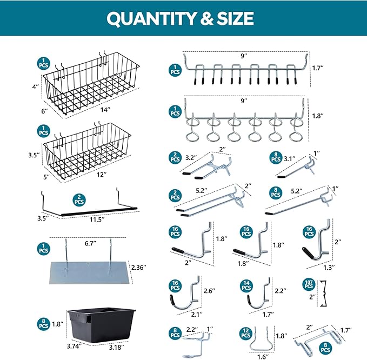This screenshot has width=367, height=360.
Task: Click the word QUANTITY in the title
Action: (145, 19)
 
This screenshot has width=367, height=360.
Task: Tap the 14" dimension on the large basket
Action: (105, 110)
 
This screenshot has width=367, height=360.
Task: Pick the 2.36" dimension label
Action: (142, 266)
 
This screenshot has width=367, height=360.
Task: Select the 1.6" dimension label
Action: (262, 356)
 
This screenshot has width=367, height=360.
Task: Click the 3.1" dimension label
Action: (291, 158)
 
